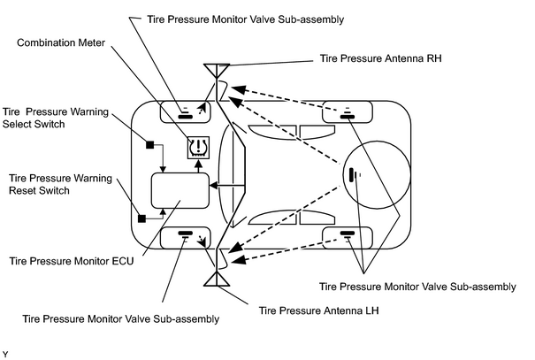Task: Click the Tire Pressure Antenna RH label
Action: pos(380,58)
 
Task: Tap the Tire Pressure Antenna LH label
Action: pos(318,310)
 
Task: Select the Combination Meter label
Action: pos(61,42)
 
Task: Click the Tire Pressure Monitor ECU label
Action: pos(72,261)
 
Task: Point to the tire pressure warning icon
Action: pos(198,148)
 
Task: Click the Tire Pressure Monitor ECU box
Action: pos(180,190)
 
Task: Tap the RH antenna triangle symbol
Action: pos(217,70)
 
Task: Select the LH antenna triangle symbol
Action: pos(217,279)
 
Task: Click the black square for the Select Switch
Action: pos(149,145)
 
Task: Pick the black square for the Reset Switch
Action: pos(141,218)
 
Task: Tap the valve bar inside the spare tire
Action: pos(351,175)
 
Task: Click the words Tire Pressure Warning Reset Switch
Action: pos(60,184)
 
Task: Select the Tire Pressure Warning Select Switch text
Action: pos(56,118)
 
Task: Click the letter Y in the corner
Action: pos(5,354)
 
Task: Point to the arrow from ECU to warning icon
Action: pos(198,165)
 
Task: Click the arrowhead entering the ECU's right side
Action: pos(214,186)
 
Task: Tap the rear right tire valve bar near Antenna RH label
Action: pos(348,117)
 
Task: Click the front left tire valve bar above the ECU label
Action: pos(186,233)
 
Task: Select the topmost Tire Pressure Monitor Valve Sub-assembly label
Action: pos(245,19)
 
